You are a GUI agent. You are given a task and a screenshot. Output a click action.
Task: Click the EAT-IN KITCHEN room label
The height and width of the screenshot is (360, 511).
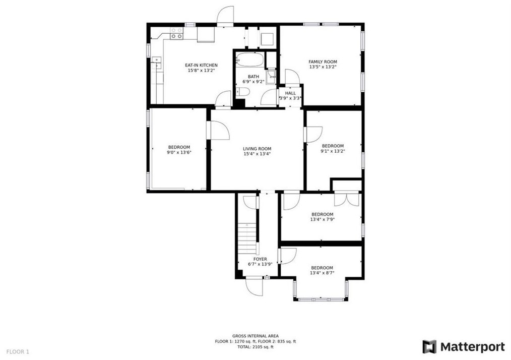pos(201,65)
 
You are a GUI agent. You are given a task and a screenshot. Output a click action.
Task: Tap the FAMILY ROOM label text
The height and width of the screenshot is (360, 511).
pos(323,62)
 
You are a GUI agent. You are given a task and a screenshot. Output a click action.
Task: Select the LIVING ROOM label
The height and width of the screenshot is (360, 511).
pos(257,149)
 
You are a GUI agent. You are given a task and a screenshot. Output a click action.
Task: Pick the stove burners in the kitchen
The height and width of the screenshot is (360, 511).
pos(176,33)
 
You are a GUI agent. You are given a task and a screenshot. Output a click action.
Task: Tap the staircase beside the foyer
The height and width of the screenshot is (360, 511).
pos(247,240)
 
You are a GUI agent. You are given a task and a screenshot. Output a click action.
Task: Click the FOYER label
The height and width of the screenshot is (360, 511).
pos(260,259)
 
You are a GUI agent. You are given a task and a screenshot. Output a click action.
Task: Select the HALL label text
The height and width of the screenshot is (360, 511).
pos(290,93)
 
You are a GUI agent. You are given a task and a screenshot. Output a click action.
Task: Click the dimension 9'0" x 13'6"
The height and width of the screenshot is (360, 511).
pos(178,152)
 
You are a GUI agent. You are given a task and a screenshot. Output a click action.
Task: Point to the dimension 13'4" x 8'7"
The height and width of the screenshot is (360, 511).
pos(322,273)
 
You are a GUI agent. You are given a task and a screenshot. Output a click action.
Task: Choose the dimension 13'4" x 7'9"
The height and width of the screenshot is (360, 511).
pos(322,219)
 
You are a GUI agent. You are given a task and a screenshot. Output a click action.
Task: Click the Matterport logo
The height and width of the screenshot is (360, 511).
pos(464,347)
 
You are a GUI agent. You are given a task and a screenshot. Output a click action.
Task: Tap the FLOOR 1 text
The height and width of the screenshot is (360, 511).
pos(18,351)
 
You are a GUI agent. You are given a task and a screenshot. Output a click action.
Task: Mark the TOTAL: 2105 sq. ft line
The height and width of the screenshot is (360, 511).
pos(255,347)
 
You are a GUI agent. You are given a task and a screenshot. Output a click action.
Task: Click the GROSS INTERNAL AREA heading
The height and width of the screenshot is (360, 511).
pos(255,336)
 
